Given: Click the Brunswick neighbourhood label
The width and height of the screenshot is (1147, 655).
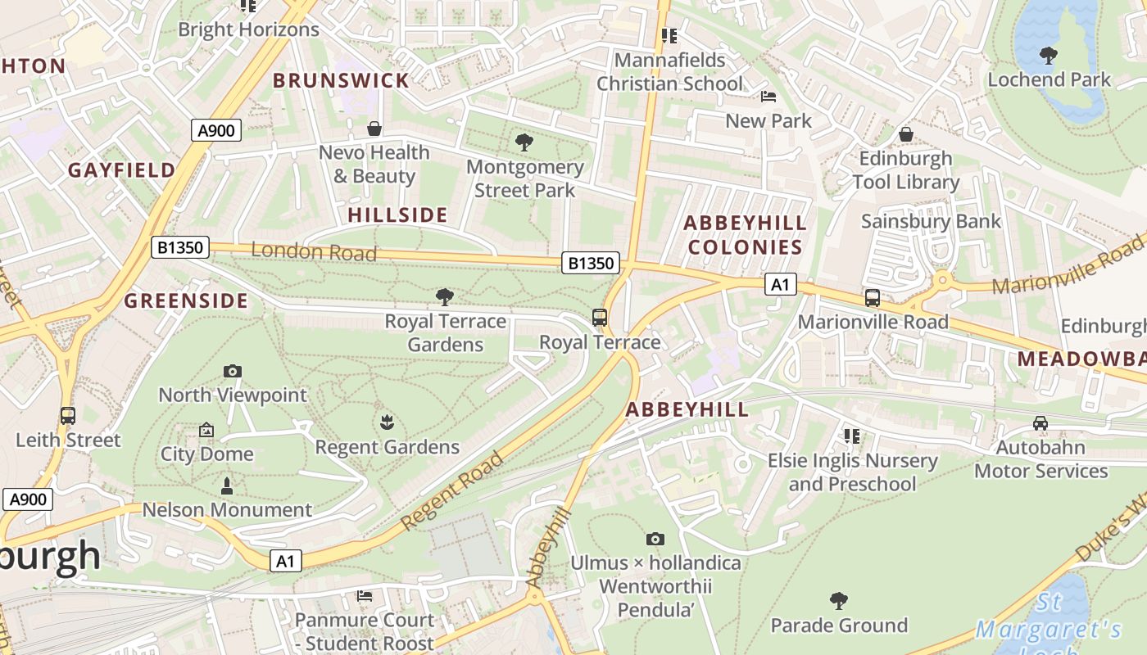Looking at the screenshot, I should coord(341,80).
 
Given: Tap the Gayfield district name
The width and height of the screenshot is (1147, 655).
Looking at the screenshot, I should coord(121,170).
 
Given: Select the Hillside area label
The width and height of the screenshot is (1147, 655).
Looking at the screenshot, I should coord(397,215).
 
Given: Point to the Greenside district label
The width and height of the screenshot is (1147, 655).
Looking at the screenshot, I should coord(186,300).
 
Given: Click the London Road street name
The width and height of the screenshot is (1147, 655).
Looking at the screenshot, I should coord(314,251).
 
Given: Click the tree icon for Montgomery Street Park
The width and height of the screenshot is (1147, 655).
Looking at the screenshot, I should coord(524,143).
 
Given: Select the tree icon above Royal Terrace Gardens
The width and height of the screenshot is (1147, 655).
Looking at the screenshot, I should coord(445,296).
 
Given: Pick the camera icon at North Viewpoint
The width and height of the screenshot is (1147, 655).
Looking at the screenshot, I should coord(233,371).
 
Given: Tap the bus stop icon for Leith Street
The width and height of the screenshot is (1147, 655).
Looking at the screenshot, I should coord(68,416).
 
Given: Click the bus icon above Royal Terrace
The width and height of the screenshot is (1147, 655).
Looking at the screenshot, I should coord(600,318).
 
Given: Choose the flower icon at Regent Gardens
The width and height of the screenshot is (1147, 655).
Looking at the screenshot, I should coord(387,422).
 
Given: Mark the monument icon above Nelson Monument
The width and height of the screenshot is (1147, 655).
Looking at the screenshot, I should coord(227,486).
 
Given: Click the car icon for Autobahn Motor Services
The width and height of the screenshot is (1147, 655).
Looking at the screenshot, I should coord(1040,423).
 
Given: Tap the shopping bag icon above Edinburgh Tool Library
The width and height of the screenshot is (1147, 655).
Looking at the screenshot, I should coord(906,134).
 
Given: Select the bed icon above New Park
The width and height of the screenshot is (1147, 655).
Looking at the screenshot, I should coord(768,97).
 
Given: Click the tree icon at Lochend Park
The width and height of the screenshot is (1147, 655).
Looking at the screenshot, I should coord(1048,56).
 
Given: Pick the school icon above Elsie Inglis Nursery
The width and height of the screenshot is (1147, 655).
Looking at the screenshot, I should coord(852,436).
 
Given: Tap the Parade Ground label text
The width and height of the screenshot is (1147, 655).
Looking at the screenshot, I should coord(839,626).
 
